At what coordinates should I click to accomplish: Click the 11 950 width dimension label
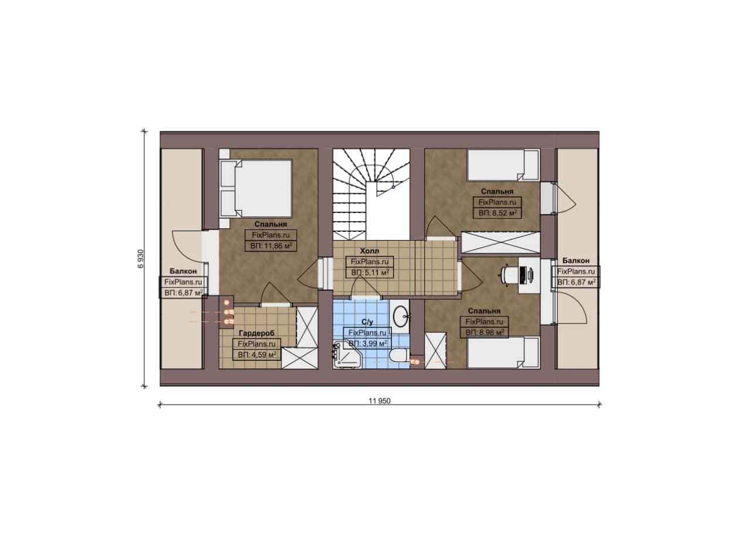pos(380,401)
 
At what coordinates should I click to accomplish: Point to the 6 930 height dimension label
pos(140,259)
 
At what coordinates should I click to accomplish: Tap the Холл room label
pos(370,251)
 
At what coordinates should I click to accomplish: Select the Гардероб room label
pos(256,333)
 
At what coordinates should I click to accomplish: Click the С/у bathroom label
pos(367,322)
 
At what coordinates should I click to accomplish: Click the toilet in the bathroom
pos(400,355)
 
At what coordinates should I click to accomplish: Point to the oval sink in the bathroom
pos(401,316)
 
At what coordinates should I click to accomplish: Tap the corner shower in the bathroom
pos(346,354)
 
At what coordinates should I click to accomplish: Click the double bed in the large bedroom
pos(256,188)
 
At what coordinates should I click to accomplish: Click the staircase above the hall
pos(371,194)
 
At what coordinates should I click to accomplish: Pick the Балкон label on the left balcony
pos(183,271)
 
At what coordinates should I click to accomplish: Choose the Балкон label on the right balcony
pos(576,261)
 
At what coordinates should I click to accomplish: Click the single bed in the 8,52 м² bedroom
pos(503,165)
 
